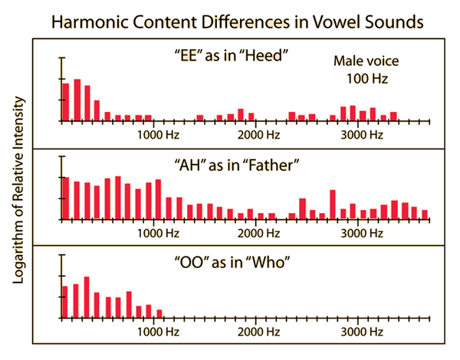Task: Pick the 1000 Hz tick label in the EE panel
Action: coord(158,135)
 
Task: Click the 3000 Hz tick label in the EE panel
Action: coord(361,135)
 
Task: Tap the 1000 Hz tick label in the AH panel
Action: coord(158,233)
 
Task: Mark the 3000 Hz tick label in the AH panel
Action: coord(361,233)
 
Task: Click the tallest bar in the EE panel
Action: coord(77,100)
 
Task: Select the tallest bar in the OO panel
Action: coord(87,297)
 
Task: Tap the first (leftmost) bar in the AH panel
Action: coord(66,198)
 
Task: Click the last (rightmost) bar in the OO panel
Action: coord(159,313)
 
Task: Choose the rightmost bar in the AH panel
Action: coord(425,214)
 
